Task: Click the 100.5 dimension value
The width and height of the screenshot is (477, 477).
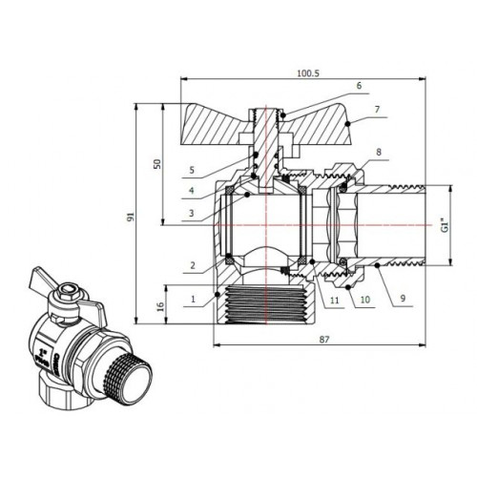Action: [x=308, y=73]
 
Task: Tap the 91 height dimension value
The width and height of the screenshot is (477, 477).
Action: [x=131, y=217]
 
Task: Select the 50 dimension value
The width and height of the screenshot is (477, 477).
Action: [x=157, y=164]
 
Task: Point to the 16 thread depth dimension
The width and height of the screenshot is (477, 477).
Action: [x=161, y=306]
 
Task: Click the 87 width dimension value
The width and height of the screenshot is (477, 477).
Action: [x=324, y=340]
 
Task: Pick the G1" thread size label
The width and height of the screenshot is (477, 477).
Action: [x=446, y=225]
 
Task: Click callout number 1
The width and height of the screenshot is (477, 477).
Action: [x=193, y=299]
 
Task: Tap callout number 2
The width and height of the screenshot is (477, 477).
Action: [x=193, y=265]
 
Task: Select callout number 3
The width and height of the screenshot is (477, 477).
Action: [x=191, y=213]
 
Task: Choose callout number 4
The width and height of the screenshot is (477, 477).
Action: [x=191, y=191]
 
